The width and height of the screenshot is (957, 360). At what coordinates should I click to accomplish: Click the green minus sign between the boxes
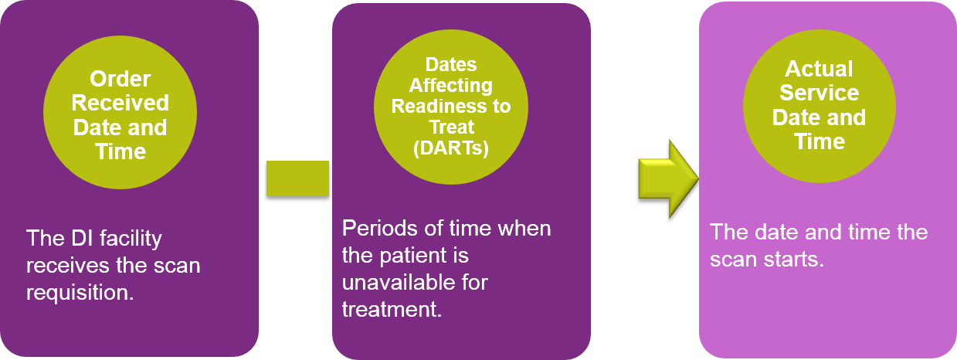point(298,178)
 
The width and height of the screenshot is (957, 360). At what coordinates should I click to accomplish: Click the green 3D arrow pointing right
point(669,178)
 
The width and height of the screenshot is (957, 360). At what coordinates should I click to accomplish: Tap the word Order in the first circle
point(120,79)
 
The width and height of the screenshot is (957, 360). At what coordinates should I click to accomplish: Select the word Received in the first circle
point(120,103)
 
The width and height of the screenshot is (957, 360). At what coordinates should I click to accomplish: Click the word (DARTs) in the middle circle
point(451,148)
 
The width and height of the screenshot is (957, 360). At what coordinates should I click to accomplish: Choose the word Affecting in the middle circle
point(451,85)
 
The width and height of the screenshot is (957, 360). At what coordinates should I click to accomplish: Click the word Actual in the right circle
point(819,69)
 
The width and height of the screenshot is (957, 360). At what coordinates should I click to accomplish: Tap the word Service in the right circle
point(819,93)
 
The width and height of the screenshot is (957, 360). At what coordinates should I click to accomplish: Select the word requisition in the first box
point(80,293)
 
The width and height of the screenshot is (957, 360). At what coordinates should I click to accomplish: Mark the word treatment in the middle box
point(392,310)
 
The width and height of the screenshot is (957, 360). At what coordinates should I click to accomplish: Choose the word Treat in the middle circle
point(451,127)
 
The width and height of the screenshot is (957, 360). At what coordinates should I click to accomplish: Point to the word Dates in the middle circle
point(451,65)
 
